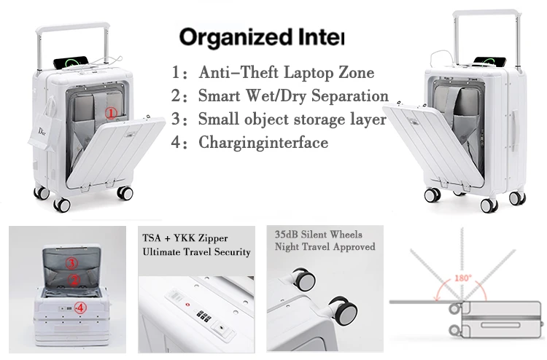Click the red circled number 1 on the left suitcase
(110, 113)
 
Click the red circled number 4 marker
(82, 308)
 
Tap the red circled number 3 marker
(72, 263)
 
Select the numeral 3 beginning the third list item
(175, 120)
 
